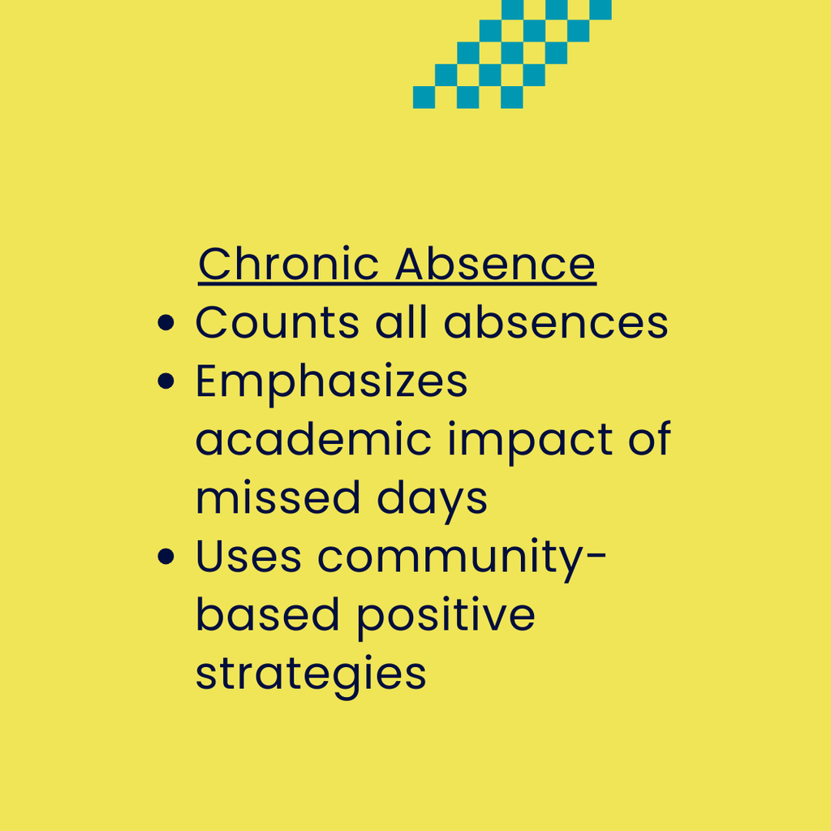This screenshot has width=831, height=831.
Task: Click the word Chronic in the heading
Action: tap(289, 264)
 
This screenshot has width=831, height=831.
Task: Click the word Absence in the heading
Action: tap(496, 264)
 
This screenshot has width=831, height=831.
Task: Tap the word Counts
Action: tap(278, 322)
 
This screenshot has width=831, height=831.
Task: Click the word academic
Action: tap(314, 438)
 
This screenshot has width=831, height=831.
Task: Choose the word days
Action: tap(432, 501)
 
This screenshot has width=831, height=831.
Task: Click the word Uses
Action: tap(248, 556)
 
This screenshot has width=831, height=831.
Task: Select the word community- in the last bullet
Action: tap(462, 560)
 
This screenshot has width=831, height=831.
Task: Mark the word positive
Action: tap(446, 618)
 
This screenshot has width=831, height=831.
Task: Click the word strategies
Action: tap(311, 677)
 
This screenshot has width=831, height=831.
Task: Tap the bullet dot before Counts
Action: tap(166, 322)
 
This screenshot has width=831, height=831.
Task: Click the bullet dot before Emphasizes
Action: tap(166, 381)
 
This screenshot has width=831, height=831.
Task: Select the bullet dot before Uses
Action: tap(166, 556)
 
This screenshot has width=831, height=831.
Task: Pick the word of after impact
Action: tap(650, 438)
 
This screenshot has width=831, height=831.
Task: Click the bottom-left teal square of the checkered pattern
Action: tap(424, 97)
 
